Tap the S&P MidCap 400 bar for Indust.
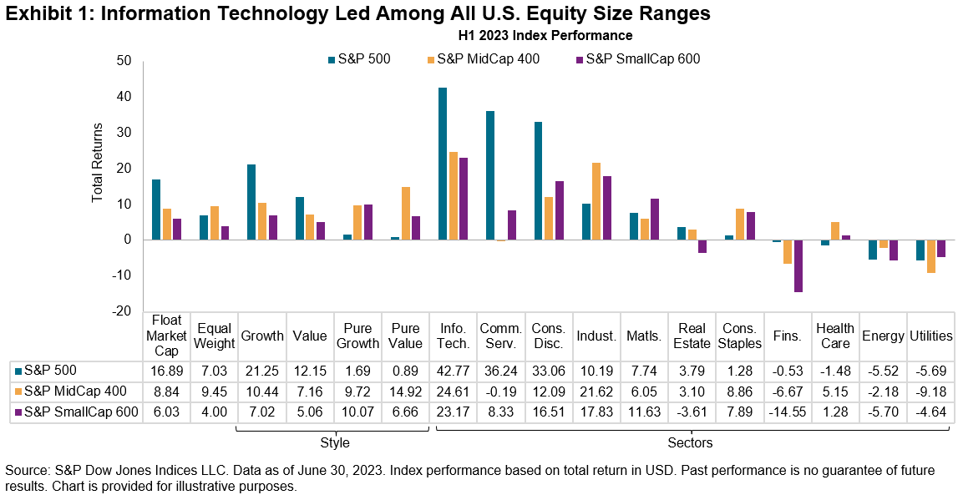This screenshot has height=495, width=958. point(596,201)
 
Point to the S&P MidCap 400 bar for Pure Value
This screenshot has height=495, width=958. point(405,213)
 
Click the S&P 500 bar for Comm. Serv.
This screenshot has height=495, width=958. point(490,175)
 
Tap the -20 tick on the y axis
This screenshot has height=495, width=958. point(123,311)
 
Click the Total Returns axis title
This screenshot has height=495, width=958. point(98,162)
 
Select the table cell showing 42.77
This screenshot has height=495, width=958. point(453,370)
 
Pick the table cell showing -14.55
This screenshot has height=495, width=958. point(788,410)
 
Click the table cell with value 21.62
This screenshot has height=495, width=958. point(596,390)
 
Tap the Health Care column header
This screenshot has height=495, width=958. point(835,336)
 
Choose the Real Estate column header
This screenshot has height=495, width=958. point(692,336)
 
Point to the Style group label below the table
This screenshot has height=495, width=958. point(334,442)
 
